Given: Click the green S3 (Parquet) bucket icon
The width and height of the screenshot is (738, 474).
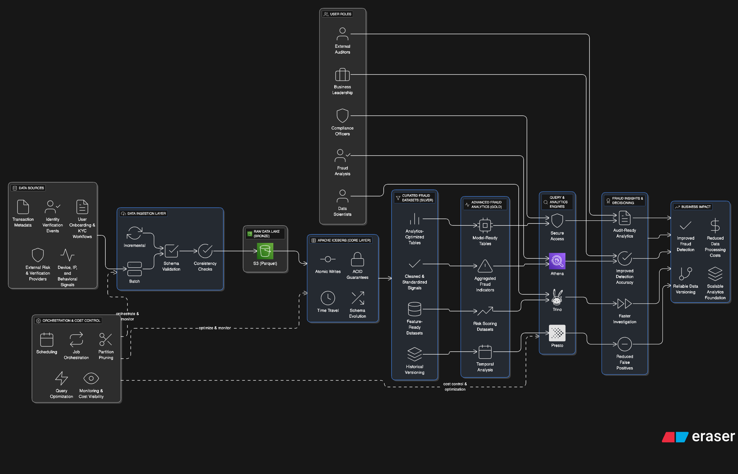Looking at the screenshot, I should [x=265, y=251].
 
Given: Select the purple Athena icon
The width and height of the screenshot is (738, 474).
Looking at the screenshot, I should [x=557, y=261].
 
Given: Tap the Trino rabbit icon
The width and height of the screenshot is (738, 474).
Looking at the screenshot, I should [x=557, y=297].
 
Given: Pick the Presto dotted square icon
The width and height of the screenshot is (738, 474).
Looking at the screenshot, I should [x=557, y=333].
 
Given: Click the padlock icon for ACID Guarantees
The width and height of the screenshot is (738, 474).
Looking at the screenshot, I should [x=357, y=259].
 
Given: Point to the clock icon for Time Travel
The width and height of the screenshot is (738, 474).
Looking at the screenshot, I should [x=328, y=298].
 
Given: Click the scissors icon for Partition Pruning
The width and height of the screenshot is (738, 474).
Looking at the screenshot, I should [x=106, y=340].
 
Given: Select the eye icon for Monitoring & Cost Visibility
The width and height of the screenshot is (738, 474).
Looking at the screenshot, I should [x=91, y=378].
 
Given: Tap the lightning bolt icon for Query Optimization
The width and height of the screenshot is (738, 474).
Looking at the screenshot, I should [x=62, y=378].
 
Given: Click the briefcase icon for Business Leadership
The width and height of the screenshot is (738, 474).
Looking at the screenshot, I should [x=342, y=75].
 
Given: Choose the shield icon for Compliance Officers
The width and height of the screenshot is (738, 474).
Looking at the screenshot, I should [x=342, y=116].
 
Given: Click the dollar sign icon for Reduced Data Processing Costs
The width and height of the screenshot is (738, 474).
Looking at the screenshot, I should [x=715, y=226].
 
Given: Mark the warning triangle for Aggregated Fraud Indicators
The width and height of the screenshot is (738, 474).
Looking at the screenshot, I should [x=485, y=266].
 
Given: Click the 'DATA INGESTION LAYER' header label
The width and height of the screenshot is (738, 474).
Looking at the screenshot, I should [x=147, y=214].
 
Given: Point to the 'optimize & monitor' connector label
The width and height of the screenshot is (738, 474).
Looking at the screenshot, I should [x=215, y=328].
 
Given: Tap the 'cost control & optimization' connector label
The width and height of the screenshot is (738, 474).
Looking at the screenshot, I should [x=455, y=387].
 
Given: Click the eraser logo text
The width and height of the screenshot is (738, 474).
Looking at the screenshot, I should [x=713, y=436].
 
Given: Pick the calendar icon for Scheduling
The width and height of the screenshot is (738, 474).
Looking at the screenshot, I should [x=47, y=340].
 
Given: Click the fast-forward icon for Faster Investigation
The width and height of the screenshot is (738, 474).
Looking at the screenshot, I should [x=624, y=304].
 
